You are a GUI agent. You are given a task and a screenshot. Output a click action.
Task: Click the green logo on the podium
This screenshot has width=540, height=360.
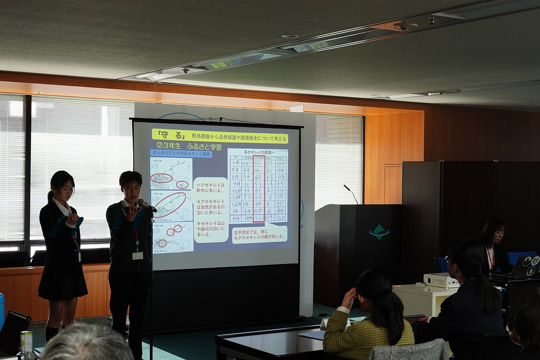tap(379, 232)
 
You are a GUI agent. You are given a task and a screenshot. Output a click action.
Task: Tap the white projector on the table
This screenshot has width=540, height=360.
tap(441, 280)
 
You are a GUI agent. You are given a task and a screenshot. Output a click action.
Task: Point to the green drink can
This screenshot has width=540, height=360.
tap(26, 342)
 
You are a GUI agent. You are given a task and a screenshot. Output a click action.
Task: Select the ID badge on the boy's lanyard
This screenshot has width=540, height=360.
tap(138, 255)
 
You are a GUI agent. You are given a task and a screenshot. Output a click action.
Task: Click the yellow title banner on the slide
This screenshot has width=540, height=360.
tap(220, 136)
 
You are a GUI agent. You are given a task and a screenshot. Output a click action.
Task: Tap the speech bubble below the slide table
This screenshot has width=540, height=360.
tap(260, 234)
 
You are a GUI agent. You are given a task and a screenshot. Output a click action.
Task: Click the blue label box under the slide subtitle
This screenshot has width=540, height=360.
tap(181, 154)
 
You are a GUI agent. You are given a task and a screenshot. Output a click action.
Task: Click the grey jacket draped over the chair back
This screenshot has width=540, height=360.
tap(408, 350)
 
